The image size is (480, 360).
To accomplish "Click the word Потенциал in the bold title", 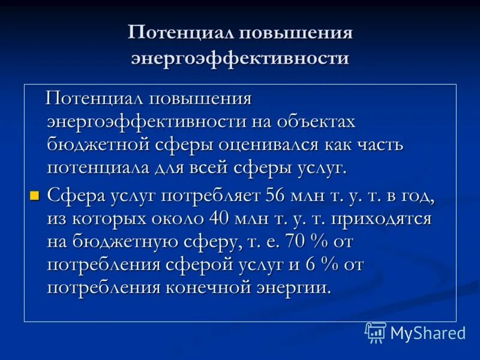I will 181,33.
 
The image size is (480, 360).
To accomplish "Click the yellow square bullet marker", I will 34,195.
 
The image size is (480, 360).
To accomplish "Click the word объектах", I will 316,121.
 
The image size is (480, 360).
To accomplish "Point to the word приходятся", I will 381,218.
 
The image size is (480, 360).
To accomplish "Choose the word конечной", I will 224,286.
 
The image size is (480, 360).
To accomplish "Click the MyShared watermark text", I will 428,332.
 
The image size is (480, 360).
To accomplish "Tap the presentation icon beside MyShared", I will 376,332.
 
